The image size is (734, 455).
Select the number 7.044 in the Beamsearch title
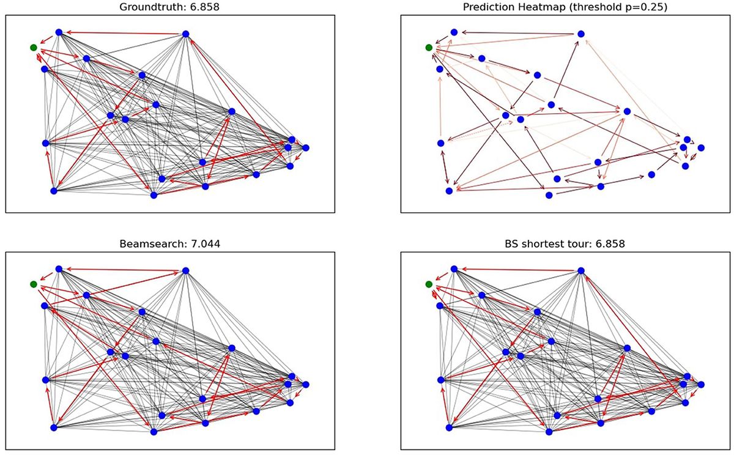[x=204, y=243]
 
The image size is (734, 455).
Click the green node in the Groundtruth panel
[x=34, y=48]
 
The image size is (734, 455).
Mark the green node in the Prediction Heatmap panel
[x=429, y=48]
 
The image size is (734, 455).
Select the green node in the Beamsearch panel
[x=34, y=284]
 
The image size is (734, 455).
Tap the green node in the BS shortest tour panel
[x=429, y=284]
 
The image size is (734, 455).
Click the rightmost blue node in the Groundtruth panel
[x=305, y=148]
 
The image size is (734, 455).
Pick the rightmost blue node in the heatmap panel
[x=701, y=148]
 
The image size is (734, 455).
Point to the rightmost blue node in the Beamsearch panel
[x=305, y=385]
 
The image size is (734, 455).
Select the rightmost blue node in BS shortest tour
[x=701, y=385]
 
